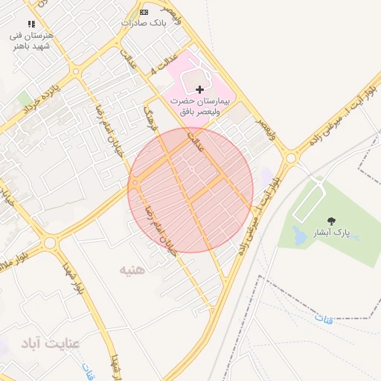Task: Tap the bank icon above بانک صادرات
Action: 144,12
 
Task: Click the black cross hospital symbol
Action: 199,89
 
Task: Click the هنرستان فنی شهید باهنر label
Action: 31,39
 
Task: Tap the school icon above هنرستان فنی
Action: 31,24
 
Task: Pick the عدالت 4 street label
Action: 164,64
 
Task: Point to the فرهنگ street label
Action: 151,119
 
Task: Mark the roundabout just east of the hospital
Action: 290,158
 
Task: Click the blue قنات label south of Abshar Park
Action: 323,318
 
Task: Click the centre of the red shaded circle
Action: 190,190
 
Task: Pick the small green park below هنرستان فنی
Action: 25,98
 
